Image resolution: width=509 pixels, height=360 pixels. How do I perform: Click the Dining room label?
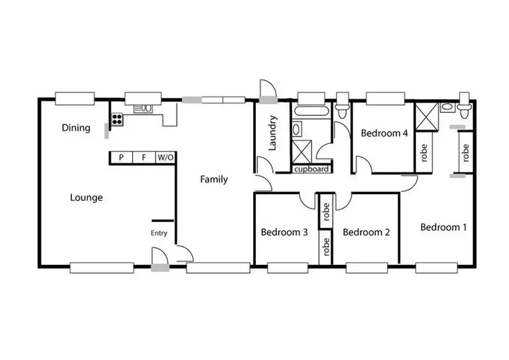click(76, 128)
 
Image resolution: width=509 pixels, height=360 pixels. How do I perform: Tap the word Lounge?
click(86, 198)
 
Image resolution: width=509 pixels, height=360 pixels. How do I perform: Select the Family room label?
click(214, 180)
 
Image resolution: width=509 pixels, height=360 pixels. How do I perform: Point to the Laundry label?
click(273, 133)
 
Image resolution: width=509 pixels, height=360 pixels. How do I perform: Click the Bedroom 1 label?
click(443, 227)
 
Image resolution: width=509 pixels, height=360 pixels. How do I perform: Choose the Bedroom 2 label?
click(366, 232)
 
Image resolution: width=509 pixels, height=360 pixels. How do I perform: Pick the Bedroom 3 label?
click(284, 232)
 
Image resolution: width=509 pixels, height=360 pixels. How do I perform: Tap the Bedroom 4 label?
click(384, 133)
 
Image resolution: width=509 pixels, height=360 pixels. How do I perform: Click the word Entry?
click(159, 234)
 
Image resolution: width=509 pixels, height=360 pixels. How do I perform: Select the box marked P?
click(121, 158)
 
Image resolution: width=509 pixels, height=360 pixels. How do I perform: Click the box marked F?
click(144, 158)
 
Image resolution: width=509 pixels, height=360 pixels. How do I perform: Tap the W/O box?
click(166, 158)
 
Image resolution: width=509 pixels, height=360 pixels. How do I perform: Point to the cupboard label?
click(312, 169)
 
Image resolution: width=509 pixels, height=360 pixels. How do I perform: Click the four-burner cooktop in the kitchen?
click(117, 120)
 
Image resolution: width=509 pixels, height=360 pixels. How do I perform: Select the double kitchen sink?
click(144, 107)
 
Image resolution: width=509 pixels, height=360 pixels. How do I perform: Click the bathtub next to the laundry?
click(312, 110)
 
